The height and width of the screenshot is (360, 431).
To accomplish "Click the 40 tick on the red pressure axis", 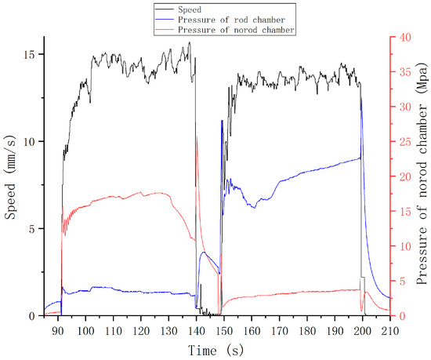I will [x=400, y=37].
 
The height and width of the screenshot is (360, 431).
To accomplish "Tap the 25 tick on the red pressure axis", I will [x=400, y=141].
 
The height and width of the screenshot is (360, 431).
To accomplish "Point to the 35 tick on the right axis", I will [x=400, y=72].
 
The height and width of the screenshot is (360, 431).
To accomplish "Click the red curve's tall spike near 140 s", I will [x=196, y=138].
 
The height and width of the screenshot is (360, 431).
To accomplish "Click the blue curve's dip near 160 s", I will [x=253, y=207].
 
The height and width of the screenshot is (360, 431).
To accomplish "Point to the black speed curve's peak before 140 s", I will [x=189, y=43].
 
